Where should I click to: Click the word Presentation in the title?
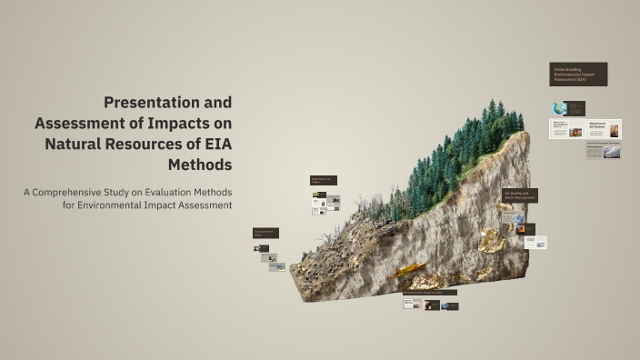(149, 102)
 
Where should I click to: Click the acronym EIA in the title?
(213, 144)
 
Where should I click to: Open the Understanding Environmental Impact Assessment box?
(577, 75)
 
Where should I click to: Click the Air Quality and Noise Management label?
(519, 195)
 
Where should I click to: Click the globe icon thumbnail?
(559, 108)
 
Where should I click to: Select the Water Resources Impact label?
(323, 180)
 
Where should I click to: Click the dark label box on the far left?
(265, 233)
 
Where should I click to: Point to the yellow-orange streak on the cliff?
(407, 270)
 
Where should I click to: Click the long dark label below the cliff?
(430, 293)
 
